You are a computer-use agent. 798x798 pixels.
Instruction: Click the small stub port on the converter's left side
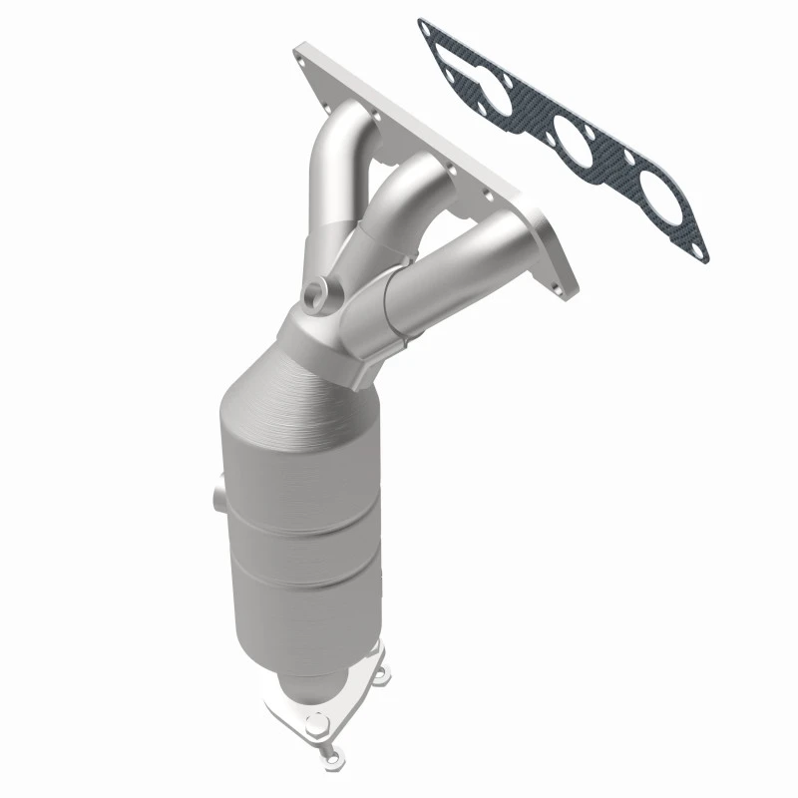tap(216, 494)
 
